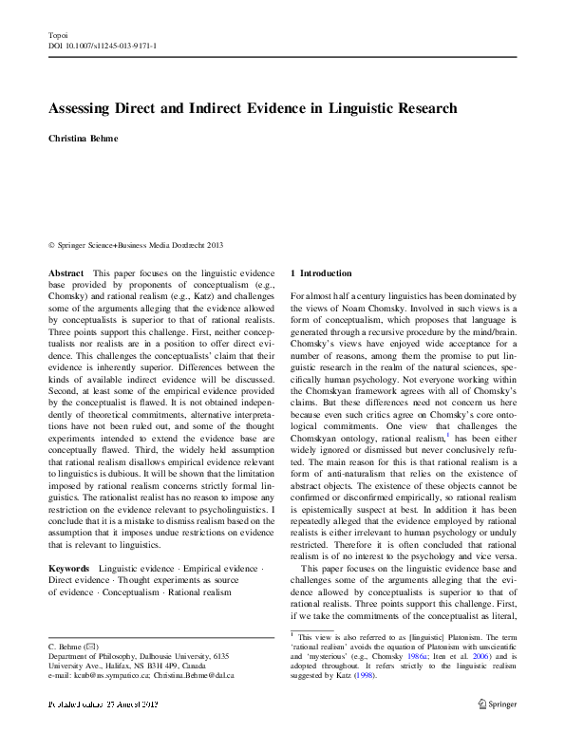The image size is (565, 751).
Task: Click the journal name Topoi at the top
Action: [56, 34]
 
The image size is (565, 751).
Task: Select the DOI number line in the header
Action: [103, 45]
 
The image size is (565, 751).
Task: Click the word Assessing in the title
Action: [85, 109]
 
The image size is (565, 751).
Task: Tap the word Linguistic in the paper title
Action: [361, 109]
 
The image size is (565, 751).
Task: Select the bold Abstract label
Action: [66, 273]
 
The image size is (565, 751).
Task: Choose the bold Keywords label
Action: [69, 568]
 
